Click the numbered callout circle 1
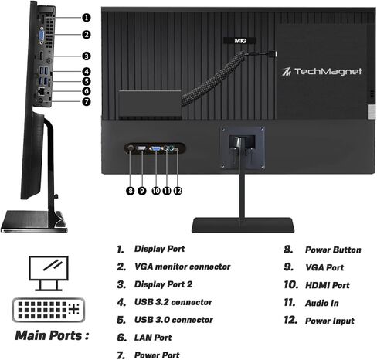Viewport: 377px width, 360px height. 87,18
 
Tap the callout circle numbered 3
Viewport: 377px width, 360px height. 87,56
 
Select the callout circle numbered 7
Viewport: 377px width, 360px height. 87,101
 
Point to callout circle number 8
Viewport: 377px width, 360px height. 131,191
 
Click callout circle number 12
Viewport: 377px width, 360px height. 178,191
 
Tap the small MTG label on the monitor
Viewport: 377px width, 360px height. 240,41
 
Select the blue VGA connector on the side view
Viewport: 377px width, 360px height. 42,36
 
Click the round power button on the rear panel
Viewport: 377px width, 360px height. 131,148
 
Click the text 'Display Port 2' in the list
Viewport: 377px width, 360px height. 163,284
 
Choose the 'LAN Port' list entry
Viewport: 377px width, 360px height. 153,338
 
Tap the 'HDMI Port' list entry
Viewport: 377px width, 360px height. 328,285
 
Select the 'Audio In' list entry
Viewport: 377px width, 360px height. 322,303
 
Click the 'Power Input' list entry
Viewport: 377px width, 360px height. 330,321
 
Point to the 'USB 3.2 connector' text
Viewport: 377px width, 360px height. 173,302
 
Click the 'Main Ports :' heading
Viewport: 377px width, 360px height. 52,335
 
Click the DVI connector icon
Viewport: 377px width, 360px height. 49,310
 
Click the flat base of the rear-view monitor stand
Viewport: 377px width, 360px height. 243,225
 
